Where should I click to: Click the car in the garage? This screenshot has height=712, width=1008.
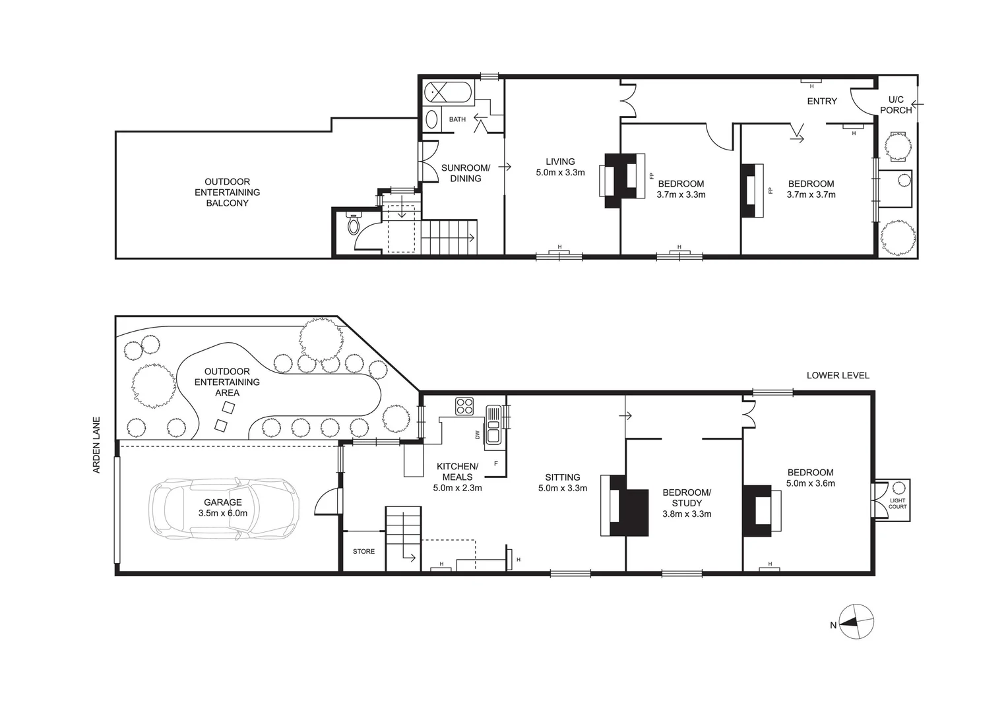(224, 506)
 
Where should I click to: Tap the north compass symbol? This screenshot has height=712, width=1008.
(857, 621)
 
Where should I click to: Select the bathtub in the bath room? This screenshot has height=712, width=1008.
(449, 92)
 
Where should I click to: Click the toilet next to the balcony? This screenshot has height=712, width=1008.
(354, 224)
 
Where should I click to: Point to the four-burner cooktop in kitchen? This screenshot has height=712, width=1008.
(464, 405)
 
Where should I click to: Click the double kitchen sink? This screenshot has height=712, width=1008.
(493, 425)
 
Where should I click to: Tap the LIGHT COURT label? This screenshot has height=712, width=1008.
(897, 504)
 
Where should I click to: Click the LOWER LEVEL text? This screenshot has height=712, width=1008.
(838, 375)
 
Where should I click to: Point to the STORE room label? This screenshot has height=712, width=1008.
(363, 551)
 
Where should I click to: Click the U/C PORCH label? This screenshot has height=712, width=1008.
(896, 105)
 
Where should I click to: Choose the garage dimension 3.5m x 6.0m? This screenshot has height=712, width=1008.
(223, 513)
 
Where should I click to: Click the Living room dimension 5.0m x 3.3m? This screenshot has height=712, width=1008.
(560, 173)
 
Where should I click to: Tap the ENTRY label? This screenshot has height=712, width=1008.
(822, 101)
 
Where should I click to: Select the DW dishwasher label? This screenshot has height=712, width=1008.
(477, 435)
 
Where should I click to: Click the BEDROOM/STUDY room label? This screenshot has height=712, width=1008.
(687, 498)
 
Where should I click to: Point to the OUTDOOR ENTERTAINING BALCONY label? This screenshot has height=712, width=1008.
(227, 193)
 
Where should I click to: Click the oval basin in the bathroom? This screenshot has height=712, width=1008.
(431, 119)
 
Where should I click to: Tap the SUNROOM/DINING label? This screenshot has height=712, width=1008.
(466, 173)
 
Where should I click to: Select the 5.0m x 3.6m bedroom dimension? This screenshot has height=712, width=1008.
(810, 483)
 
